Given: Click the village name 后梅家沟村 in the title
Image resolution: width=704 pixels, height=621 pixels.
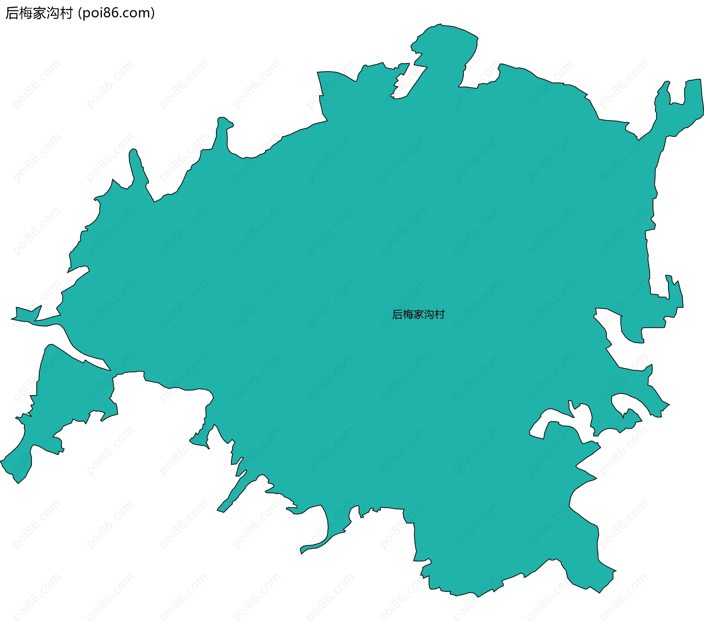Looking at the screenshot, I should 39,13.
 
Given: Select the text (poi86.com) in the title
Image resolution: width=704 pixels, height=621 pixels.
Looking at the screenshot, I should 117,13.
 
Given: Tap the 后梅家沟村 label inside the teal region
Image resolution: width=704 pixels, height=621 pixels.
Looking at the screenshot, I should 418,315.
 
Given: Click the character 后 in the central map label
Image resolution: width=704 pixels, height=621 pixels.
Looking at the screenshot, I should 397,315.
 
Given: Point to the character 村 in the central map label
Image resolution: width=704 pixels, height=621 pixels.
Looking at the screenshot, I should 439,315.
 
